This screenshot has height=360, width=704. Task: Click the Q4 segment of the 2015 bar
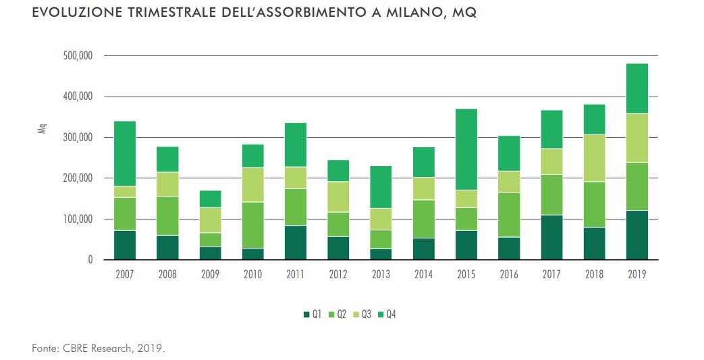[x=466, y=149]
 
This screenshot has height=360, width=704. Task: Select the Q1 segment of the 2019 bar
[x=637, y=235]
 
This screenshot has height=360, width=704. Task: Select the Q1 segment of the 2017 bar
[x=551, y=237]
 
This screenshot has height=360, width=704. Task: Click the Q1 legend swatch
[x=306, y=314]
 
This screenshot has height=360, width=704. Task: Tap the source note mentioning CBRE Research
[x=98, y=349]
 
